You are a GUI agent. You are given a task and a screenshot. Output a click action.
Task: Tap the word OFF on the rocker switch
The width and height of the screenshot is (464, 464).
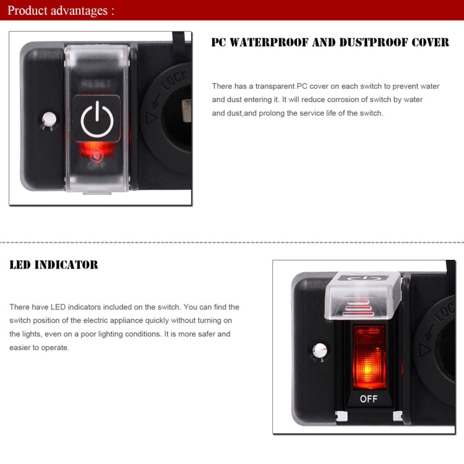point(369,399)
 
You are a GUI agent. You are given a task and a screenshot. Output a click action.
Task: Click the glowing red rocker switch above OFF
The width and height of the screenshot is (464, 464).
point(369,356)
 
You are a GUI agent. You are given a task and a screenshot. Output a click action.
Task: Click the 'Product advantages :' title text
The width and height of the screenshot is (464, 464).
point(61,11)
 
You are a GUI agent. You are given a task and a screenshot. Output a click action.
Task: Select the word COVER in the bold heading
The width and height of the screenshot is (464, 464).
point(432,43)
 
